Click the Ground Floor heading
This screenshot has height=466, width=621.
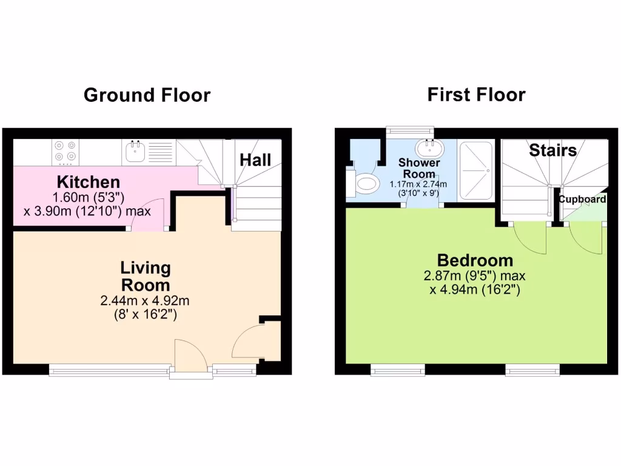point(147,95)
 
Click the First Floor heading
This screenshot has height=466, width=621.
point(476,95)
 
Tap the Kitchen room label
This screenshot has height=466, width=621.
point(88,181)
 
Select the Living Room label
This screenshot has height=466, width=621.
point(146,276)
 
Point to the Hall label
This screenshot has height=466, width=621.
point(255,160)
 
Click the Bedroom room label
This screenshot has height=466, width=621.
point(475,260)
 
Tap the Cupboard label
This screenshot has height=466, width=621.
point(582,200)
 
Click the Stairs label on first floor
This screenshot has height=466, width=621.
point(552,150)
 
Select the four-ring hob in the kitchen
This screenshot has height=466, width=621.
point(65,152)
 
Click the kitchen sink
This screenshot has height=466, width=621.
point(134,151)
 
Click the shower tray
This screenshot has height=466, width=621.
point(476,171)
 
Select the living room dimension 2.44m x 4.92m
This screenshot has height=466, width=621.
point(146,300)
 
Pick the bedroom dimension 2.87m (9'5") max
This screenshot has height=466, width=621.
point(475,276)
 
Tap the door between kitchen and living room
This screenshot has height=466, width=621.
point(149,215)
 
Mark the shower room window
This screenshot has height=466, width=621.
point(411,129)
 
